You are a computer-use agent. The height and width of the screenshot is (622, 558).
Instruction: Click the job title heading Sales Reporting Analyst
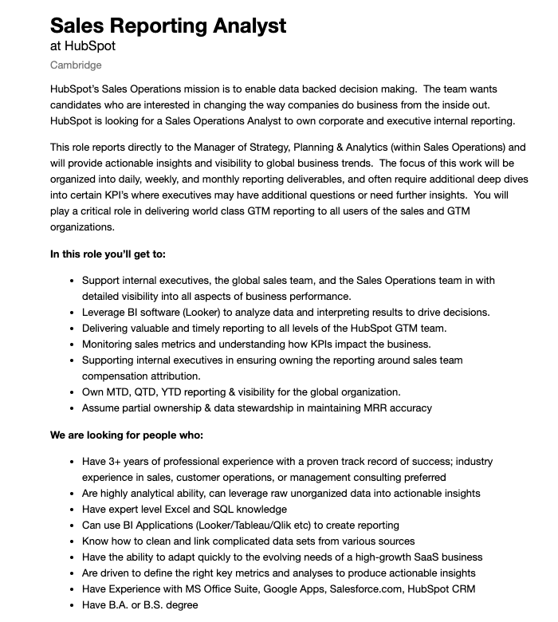click(x=168, y=25)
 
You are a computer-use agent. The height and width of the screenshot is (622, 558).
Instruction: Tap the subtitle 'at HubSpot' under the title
click(x=83, y=46)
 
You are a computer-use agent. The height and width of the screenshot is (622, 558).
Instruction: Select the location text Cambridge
click(x=76, y=65)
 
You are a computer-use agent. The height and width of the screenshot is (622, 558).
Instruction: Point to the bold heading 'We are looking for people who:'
click(x=127, y=435)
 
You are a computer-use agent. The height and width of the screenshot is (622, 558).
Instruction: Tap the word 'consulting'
click(x=391, y=477)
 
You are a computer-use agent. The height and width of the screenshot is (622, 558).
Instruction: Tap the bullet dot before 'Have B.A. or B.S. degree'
click(x=73, y=604)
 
